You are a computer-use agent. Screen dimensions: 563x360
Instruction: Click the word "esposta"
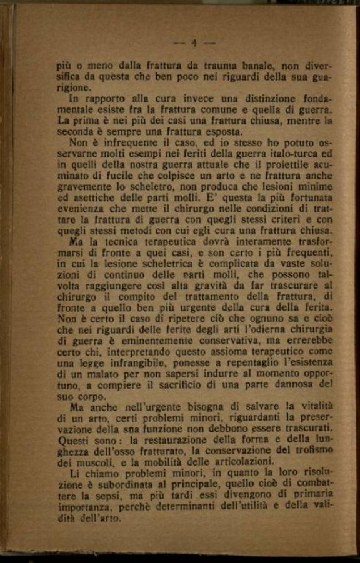click(x=219, y=132)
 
